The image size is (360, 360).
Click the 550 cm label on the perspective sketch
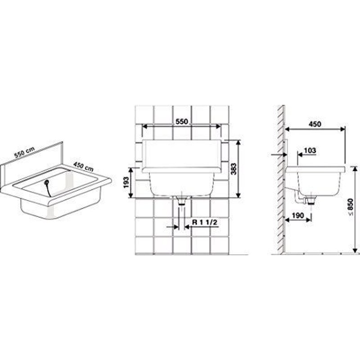(24, 152)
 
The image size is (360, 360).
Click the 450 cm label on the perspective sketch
(83, 166)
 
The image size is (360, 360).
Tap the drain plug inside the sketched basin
(46, 182)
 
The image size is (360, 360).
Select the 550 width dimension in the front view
(182, 121)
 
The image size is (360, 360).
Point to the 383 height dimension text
(234, 169)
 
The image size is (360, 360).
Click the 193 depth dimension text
(126, 182)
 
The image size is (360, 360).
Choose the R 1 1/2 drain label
(205, 222)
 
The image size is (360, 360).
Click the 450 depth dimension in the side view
(315, 124)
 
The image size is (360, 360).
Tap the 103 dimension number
(310, 151)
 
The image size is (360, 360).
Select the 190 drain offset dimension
(298, 216)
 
